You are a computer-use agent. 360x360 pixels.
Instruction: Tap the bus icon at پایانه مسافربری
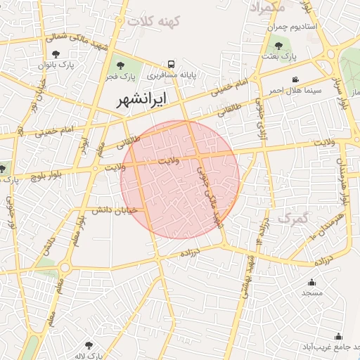pos(169,62)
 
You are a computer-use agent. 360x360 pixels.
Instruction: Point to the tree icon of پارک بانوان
pos(56,54)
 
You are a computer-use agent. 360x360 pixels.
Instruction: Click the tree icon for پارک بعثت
pos(279,46)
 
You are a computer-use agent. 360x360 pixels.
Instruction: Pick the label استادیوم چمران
pos(292,26)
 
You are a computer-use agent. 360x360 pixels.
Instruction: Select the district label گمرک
pos(292,219)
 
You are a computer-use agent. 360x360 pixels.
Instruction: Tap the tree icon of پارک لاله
pos(89,345)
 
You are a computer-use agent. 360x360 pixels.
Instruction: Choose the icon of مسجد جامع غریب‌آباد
pos(338,336)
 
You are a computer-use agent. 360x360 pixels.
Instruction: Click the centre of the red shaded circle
pos(180,179)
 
